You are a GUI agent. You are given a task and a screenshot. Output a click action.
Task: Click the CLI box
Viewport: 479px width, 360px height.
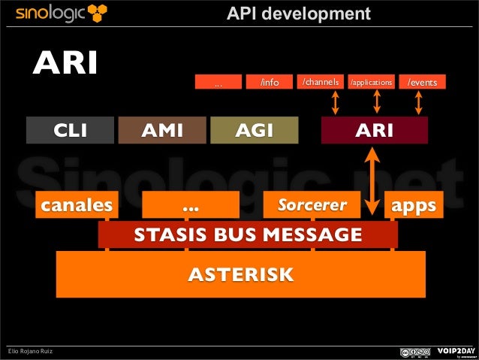pos(71,131)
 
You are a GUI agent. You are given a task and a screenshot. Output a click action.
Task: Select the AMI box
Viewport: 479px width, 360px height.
pos(162,131)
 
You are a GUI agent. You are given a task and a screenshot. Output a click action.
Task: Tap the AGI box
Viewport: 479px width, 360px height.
pos(254,131)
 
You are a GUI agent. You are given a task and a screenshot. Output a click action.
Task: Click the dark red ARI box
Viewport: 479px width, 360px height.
pos(374,131)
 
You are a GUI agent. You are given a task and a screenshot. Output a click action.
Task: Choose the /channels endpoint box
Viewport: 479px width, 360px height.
pos(321,82)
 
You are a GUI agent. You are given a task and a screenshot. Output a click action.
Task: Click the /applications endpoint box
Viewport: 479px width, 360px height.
pos(372,82)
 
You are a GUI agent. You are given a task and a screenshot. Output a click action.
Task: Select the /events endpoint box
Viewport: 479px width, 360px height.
pos(423,82)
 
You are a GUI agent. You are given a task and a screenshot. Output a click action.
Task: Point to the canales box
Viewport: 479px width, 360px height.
pos(77,204)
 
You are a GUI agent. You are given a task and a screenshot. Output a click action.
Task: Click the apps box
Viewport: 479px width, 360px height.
pos(410,204)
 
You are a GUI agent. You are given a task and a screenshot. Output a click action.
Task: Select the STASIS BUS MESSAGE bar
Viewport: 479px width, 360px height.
pos(248,234)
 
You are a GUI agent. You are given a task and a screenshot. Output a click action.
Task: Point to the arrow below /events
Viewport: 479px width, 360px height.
pos(420,103)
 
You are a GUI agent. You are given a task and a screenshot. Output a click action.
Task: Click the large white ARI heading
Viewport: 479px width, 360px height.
pos(65,65)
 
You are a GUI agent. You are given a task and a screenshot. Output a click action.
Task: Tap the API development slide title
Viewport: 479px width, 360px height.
pos(299,14)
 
